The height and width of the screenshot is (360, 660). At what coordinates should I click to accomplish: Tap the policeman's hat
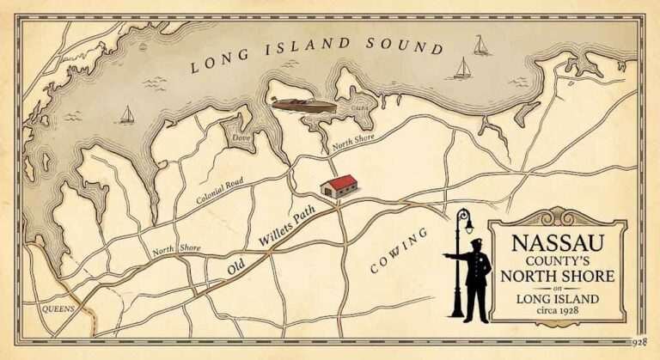(477, 243)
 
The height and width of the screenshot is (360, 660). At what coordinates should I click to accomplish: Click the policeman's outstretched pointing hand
(446, 256)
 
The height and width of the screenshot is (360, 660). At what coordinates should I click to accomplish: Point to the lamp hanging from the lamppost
(469, 224)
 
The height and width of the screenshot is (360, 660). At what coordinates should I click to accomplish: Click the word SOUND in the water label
(403, 45)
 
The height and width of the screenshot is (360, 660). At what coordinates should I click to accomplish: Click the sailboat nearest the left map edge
(127, 114)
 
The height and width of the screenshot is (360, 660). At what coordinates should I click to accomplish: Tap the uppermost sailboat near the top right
(480, 45)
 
